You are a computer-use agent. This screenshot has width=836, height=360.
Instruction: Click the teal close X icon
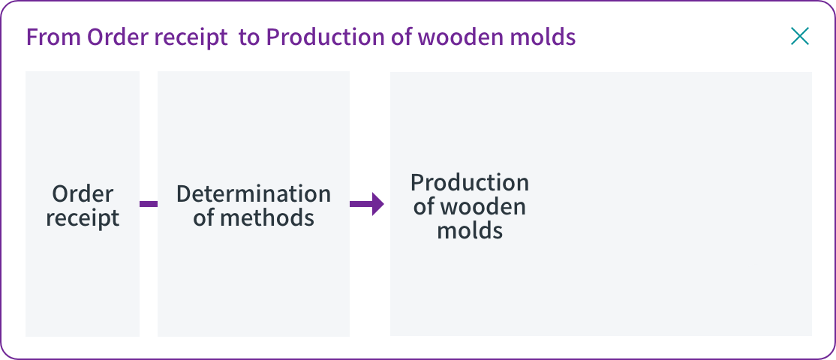point(800,36)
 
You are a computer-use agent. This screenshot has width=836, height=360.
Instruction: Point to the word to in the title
point(248,38)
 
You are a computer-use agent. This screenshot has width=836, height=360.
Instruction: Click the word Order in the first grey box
point(83,193)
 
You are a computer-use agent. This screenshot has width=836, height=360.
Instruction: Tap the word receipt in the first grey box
point(83,218)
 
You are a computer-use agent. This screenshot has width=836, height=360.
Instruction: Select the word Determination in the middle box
point(254,193)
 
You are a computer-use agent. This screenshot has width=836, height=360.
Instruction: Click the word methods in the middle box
point(268,217)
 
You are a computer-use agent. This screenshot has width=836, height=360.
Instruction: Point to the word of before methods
point(203,217)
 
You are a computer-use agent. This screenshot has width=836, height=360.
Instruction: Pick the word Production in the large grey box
point(470,183)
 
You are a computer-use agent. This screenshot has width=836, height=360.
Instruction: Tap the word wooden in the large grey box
point(483,207)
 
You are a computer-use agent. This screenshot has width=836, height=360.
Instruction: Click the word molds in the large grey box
point(470,230)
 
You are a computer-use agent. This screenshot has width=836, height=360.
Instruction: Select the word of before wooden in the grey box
point(424,207)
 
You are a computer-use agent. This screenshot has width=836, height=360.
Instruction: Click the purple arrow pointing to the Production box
point(367,204)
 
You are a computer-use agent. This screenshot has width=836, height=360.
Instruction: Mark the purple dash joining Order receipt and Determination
point(149,204)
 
